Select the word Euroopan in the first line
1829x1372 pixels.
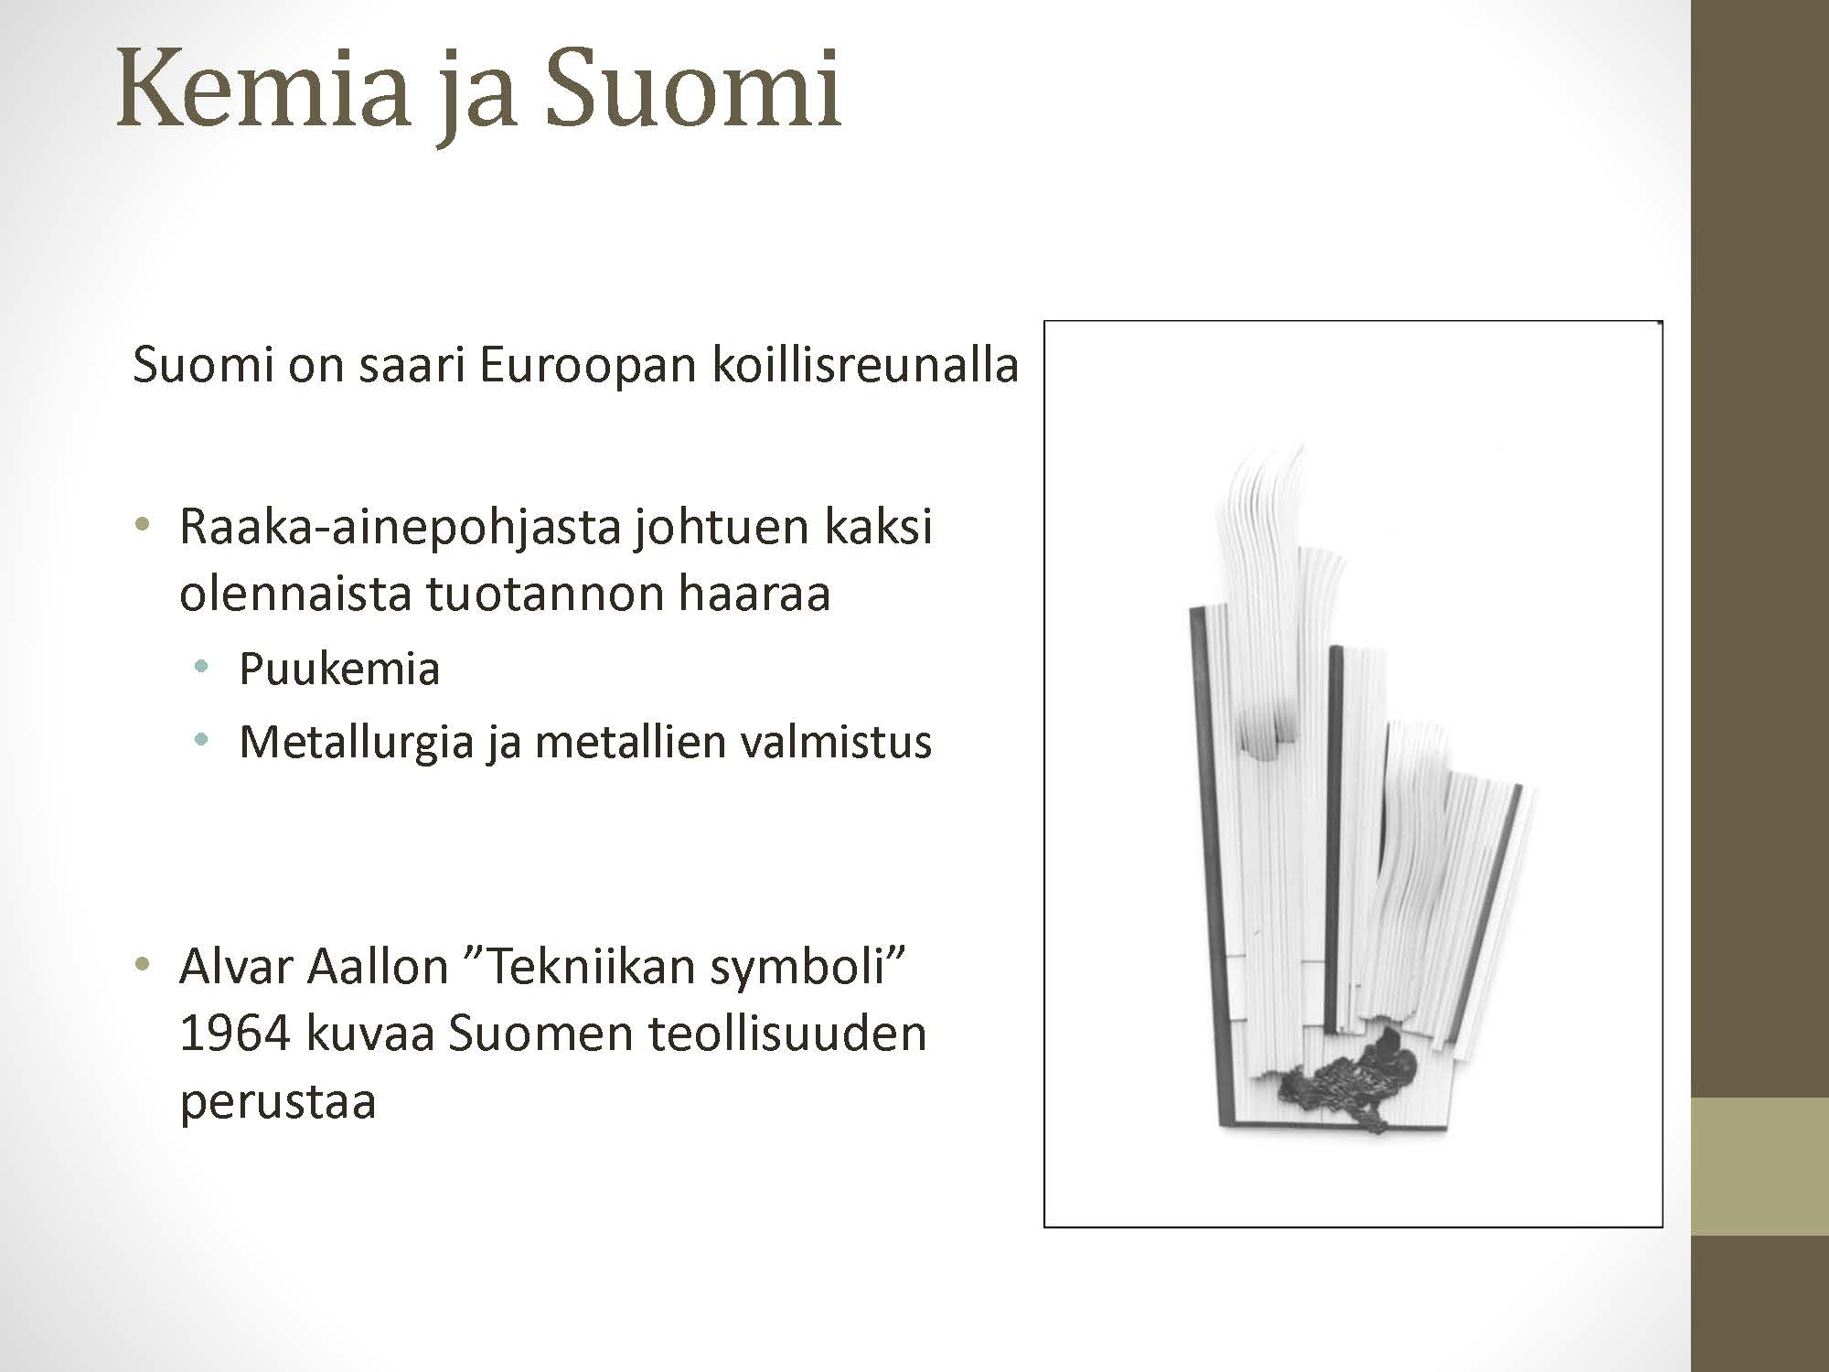(587, 365)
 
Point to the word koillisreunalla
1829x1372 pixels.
(865, 364)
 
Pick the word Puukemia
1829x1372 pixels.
(339, 669)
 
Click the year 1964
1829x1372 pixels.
(235, 1034)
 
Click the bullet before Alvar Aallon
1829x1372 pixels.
(141, 965)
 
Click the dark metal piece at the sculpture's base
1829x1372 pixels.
(1350, 1081)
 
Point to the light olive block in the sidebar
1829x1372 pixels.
(1759, 1166)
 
